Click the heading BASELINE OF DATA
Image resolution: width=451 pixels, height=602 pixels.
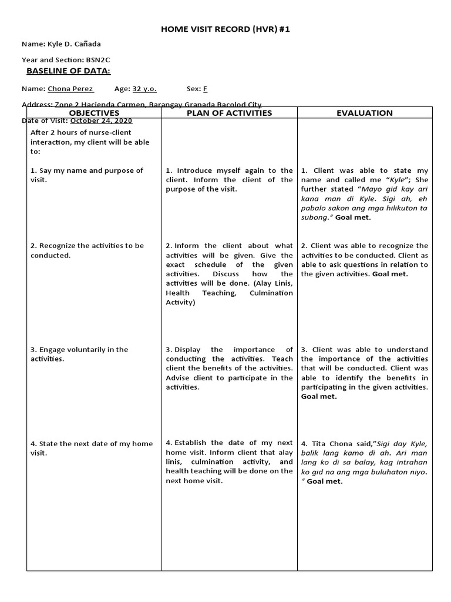68,71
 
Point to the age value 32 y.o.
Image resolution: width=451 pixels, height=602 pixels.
144,89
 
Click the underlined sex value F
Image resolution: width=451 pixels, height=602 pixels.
205,89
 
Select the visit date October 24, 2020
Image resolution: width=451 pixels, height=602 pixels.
101,121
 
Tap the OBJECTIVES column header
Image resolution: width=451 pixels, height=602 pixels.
94,113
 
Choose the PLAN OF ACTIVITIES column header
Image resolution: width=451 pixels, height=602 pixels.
229,113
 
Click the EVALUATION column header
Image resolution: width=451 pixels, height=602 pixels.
365,113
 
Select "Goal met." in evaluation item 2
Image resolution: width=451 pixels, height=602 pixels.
390,274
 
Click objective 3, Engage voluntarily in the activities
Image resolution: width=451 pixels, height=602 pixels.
79,354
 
